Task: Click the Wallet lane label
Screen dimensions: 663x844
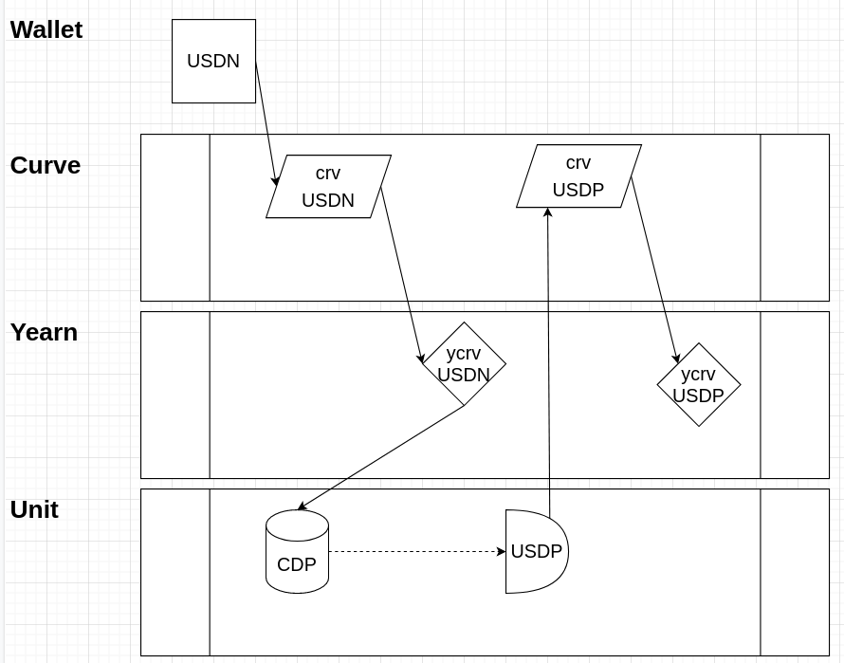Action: click(x=46, y=29)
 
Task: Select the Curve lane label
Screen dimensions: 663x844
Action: click(x=45, y=165)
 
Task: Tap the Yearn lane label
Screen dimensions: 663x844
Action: click(x=44, y=332)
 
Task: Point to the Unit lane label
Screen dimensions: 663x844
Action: click(x=34, y=509)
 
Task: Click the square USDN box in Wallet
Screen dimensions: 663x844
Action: click(x=213, y=61)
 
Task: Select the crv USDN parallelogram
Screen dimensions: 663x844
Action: click(x=328, y=187)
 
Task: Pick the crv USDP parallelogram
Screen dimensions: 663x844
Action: click(x=578, y=176)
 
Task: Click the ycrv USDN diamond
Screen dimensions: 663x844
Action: click(x=464, y=364)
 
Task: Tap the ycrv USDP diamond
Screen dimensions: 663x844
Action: click(x=699, y=385)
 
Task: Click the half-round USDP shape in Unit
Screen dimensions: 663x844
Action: click(x=535, y=551)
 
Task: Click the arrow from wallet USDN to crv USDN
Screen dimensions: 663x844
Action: click(x=266, y=121)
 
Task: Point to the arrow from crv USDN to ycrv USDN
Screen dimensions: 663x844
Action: click(x=401, y=274)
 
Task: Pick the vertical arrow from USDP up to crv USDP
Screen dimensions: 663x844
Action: click(x=548, y=360)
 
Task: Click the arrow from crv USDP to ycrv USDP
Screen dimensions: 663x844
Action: click(x=654, y=269)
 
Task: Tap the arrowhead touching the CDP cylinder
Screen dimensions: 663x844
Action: click(x=302, y=507)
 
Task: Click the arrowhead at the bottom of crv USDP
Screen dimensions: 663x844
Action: click(x=547, y=212)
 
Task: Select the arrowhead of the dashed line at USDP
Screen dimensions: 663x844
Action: click(x=502, y=551)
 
